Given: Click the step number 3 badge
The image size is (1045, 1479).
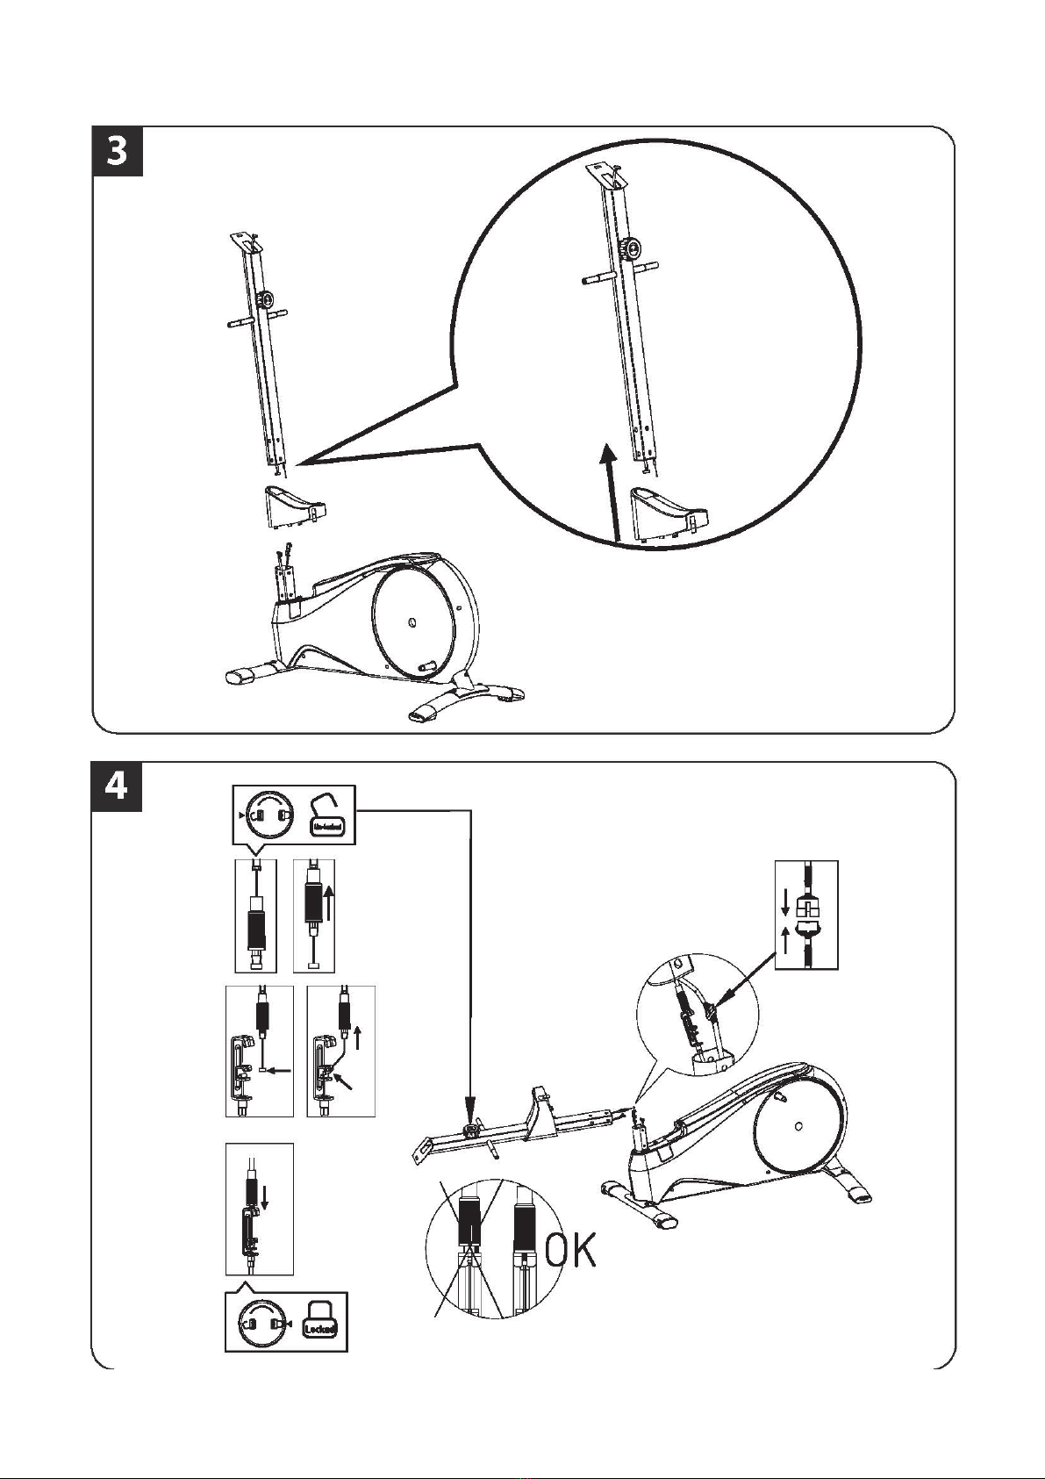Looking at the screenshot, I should click(x=118, y=152).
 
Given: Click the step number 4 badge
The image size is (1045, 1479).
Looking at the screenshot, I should click(x=118, y=786).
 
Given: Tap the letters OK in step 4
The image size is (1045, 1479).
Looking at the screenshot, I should click(x=571, y=1250).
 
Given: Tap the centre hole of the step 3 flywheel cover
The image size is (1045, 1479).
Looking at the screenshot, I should click(x=412, y=624).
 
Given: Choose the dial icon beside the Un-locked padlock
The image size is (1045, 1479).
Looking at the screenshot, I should click(x=270, y=816).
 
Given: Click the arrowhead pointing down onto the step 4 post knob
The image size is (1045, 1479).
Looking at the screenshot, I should click(x=471, y=1104).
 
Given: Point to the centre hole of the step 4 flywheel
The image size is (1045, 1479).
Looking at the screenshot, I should click(x=797, y=1127).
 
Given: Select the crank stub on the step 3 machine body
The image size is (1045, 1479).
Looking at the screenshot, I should click(x=428, y=666).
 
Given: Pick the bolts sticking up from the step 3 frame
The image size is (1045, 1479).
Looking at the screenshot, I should click(x=283, y=556).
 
